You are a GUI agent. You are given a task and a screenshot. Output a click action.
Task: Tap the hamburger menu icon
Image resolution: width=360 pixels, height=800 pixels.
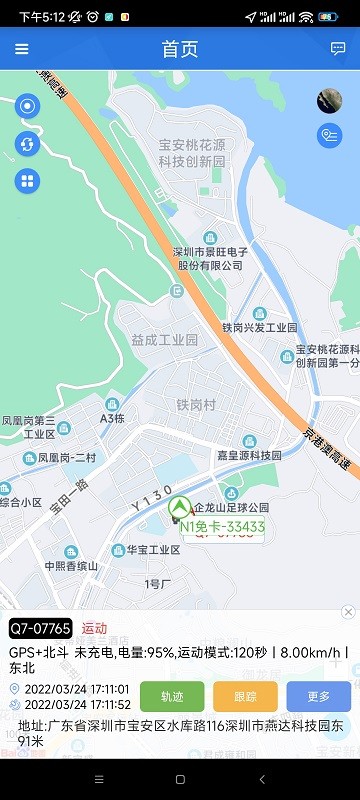pos(22,49)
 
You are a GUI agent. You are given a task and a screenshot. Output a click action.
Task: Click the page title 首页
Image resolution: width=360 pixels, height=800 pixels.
pos(180,49)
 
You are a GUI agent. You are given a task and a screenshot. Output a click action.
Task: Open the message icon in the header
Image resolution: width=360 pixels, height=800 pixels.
pos(338,49)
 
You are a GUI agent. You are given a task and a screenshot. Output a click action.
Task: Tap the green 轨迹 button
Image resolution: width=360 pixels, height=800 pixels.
pos(172,696)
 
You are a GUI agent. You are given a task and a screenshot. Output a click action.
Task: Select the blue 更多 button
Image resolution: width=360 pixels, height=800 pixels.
pos(318,696)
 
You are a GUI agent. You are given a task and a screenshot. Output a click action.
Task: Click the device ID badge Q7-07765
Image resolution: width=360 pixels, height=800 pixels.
pos(41,628)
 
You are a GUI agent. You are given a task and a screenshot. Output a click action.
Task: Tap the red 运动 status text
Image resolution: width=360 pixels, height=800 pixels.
pos(94,628)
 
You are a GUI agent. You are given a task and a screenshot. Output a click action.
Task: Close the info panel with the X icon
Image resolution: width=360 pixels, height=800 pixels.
pos(348,612)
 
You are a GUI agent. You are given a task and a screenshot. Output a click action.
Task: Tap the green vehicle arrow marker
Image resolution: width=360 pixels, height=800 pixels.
pos(181,507)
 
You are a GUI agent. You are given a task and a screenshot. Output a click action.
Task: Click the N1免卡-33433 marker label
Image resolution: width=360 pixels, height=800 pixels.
pos(222,526)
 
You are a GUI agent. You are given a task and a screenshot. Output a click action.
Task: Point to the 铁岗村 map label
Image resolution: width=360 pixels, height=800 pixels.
pos(196,405)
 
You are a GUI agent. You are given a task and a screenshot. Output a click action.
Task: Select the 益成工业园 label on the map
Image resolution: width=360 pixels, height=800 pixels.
pos(165,340)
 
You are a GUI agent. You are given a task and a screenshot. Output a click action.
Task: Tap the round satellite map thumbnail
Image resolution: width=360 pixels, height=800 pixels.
pos(329,101)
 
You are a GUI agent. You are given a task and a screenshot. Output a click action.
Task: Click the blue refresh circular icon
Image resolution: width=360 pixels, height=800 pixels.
pos(27,144)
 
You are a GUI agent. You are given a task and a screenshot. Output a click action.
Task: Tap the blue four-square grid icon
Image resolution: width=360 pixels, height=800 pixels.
pos(27,181)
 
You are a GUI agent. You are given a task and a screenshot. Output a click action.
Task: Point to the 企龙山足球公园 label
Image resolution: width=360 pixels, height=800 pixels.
pos(231,508)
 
